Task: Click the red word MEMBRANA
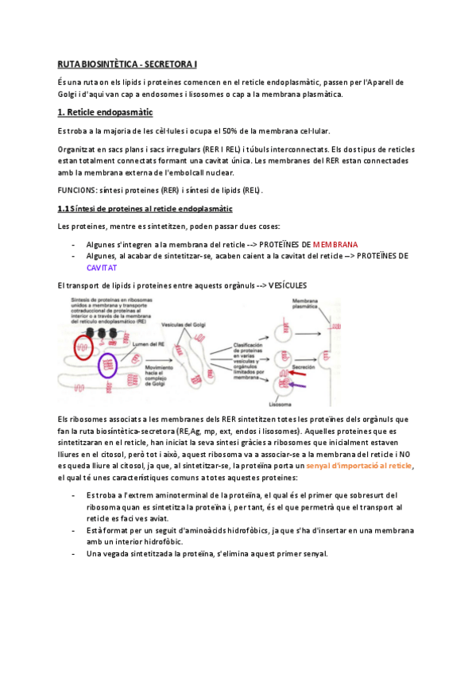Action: coord(335,244)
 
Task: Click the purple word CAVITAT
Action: coord(101,268)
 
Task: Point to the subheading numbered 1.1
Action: coord(145,209)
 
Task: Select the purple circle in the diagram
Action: coord(109,366)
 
